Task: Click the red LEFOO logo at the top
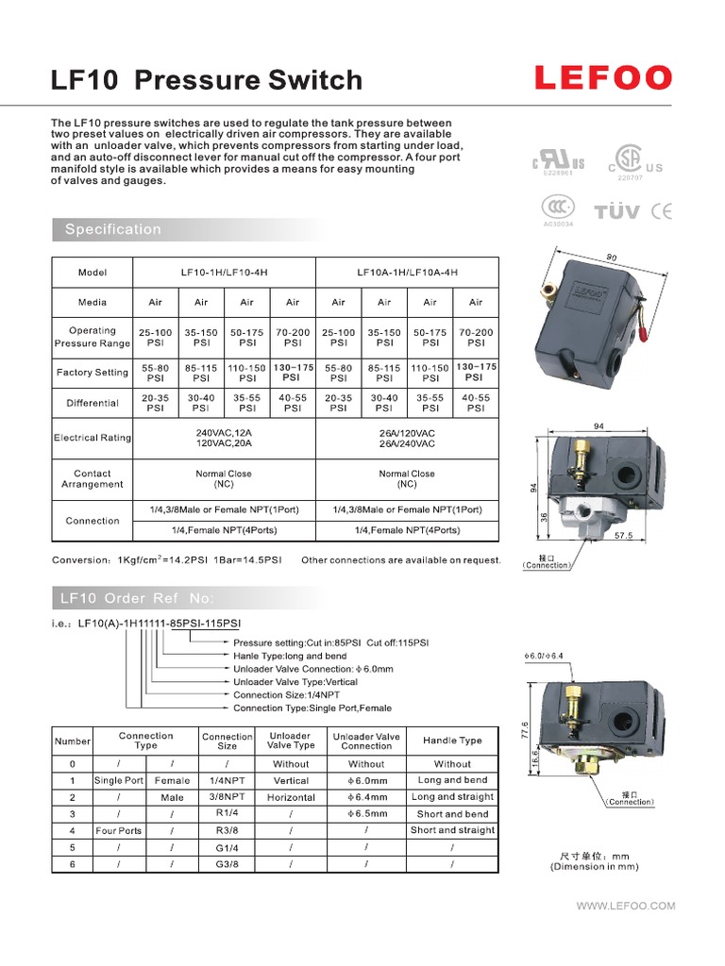[x=603, y=77]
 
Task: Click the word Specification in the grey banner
[x=113, y=229]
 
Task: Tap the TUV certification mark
[x=617, y=211]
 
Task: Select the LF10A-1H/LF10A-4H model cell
[x=407, y=273]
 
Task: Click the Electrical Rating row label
[x=93, y=438]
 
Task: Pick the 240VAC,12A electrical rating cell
[x=224, y=438]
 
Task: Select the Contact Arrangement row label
[x=93, y=479]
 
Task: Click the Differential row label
[x=93, y=403]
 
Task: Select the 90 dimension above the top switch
[x=611, y=257]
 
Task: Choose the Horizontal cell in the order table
[x=291, y=797]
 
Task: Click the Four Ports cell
[x=119, y=830]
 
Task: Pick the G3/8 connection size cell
[x=228, y=864]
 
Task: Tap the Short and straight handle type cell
[x=452, y=830]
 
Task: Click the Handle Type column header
[x=452, y=741]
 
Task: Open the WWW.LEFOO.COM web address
[x=626, y=906]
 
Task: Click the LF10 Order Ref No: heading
[x=137, y=598]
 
